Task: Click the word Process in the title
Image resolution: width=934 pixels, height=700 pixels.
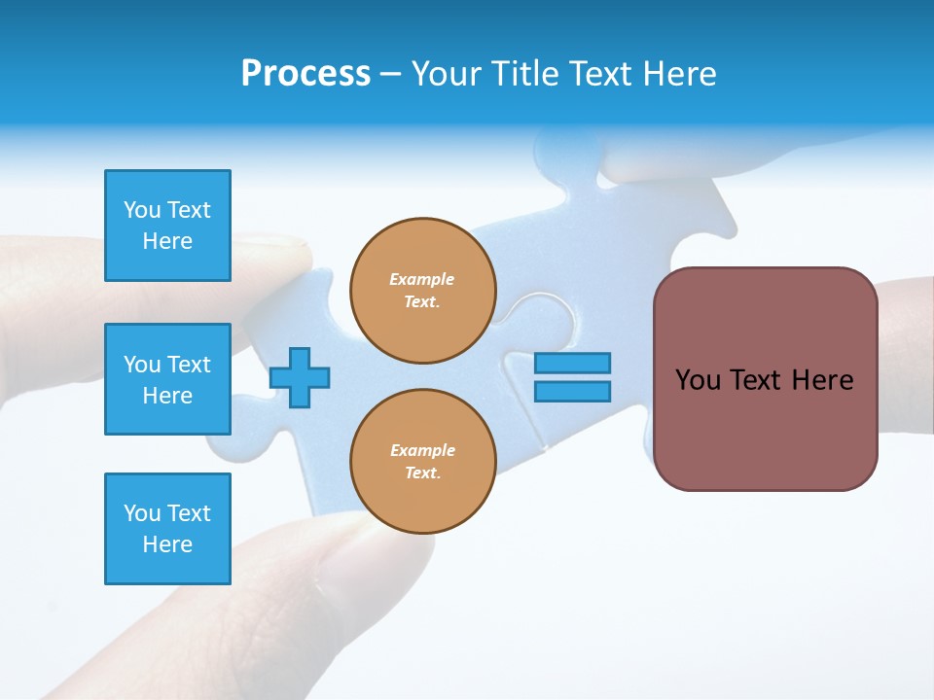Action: pyautogui.click(x=305, y=74)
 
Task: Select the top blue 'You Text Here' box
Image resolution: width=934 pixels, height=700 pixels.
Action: pyautogui.click(x=167, y=226)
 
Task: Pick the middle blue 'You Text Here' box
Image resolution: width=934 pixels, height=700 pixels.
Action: pyautogui.click(x=167, y=379)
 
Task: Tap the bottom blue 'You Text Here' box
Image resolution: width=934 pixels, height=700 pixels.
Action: pyautogui.click(x=167, y=529)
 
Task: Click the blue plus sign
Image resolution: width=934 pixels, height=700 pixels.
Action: pyautogui.click(x=300, y=377)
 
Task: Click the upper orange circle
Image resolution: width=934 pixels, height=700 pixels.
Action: pyautogui.click(x=423, y=291)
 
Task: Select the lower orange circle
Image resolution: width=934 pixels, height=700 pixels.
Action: pyautogui.click(x=423, y=462)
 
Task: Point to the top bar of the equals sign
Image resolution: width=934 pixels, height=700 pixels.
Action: pyautogui.click(x=572, y=363)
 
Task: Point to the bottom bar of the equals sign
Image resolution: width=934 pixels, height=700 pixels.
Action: pyautogui.click(x=572, y=392)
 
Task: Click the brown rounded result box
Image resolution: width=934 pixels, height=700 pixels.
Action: pyautogui.click(x=765, y=379)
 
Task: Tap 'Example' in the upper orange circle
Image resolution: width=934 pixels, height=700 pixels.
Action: pyautogui.click(x=422, y=279)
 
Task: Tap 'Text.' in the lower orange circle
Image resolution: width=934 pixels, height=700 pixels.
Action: pyautogui.click(x=422, y=473)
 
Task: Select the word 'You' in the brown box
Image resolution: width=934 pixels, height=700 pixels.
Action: pyautogui.click(x=698, y=380)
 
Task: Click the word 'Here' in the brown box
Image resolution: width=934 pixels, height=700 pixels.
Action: pyautogui.click(x=822, y=380)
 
